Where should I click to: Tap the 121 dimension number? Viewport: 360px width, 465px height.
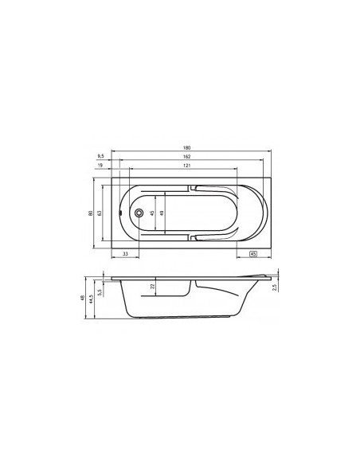click(x=186, y=166)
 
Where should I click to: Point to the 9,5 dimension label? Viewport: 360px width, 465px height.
click(x=102, y=157)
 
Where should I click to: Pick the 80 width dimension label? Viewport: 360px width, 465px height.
click(x=92, y=213)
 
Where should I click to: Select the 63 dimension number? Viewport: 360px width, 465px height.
click(x=101, y=213)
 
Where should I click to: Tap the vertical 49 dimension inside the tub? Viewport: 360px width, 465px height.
click(x=162, y=213)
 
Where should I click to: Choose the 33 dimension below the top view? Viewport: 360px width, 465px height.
click(x=126, y=254)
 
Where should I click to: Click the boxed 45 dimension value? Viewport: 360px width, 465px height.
click(x=252, y=254)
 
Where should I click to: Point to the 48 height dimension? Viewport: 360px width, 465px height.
click(x=83, y=298)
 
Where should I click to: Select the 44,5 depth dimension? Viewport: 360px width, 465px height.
click(x=92, y=299)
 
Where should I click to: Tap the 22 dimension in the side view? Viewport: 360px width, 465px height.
click(x=153, y=287)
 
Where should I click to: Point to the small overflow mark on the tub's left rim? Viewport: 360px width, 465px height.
click(x=119, y=213)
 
